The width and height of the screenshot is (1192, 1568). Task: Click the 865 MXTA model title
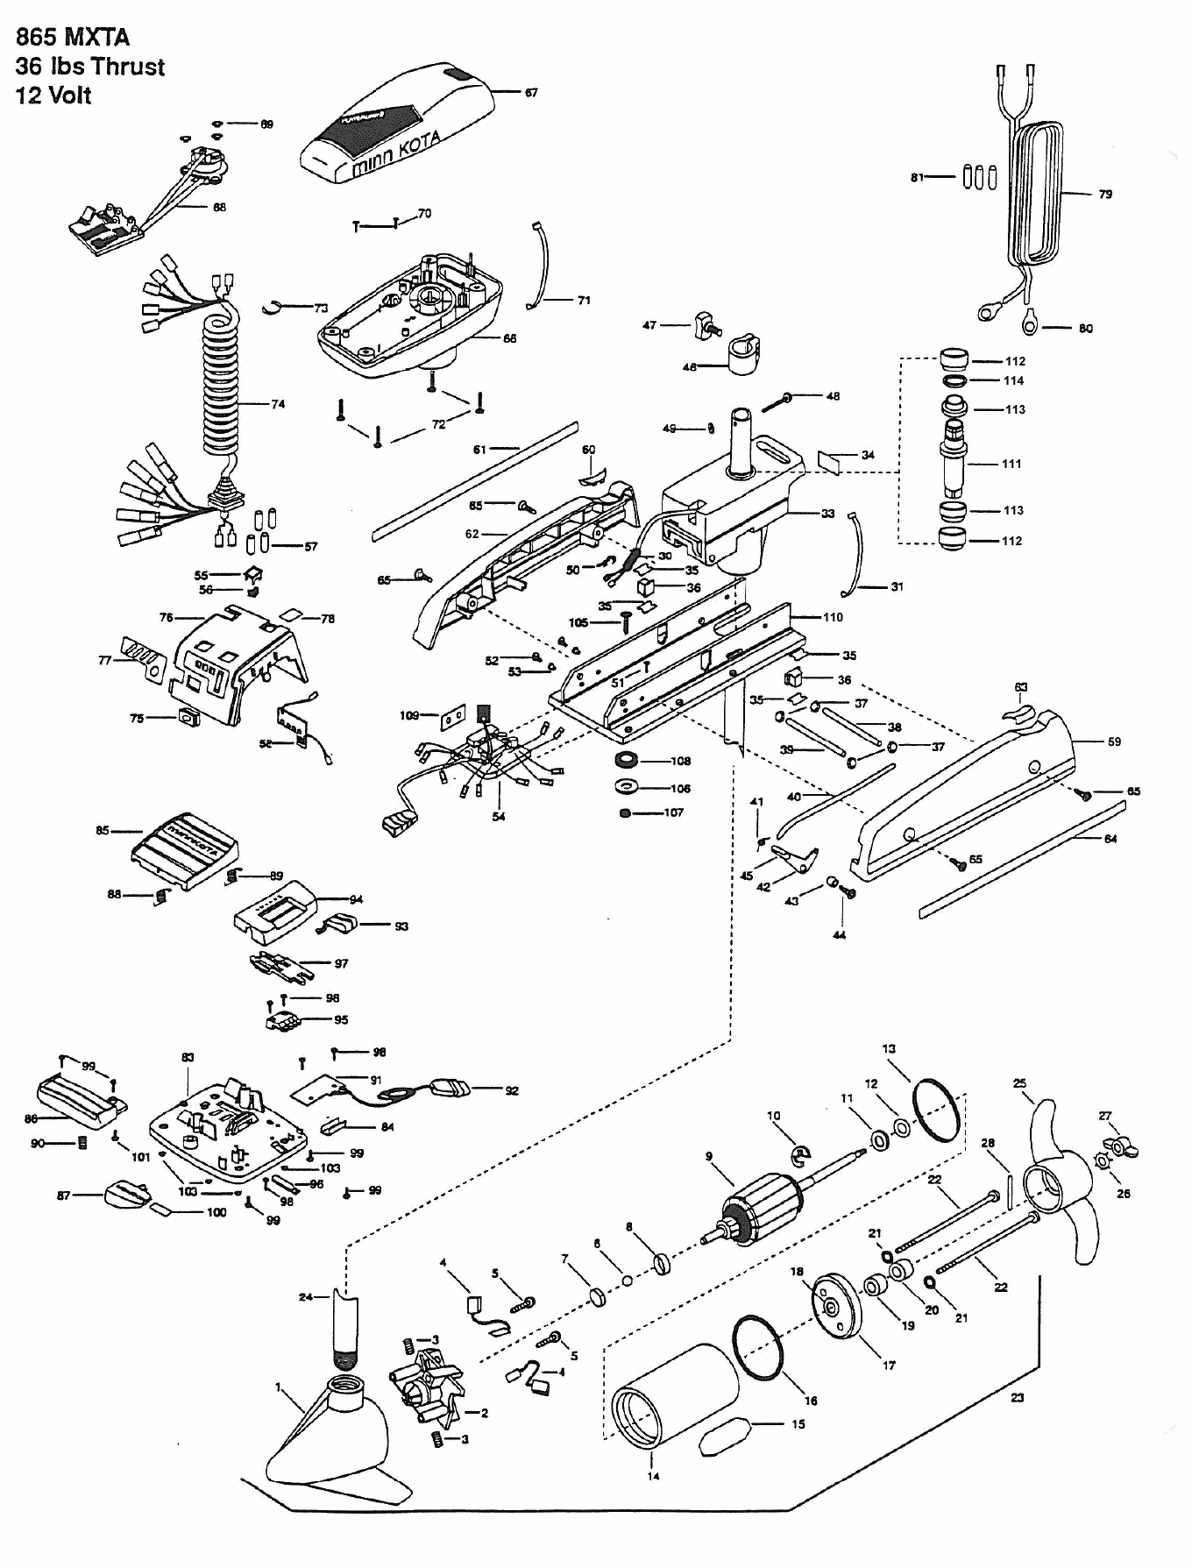point(73,37)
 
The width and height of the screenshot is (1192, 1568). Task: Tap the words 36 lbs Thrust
point(90,67)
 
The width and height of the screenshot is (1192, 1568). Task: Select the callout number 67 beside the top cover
point(531,92)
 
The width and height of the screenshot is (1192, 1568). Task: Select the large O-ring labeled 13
point(939,1110)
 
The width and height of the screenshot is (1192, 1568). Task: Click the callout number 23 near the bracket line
point(1017,1398)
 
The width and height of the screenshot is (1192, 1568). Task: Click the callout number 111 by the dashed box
point(1011,464)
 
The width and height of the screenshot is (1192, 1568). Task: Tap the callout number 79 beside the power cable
point(1105,194)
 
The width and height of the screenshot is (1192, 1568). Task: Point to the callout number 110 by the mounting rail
point(833,617)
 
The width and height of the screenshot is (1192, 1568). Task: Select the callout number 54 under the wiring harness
point(498,817)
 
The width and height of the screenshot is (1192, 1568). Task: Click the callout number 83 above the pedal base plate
point(188,1058)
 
